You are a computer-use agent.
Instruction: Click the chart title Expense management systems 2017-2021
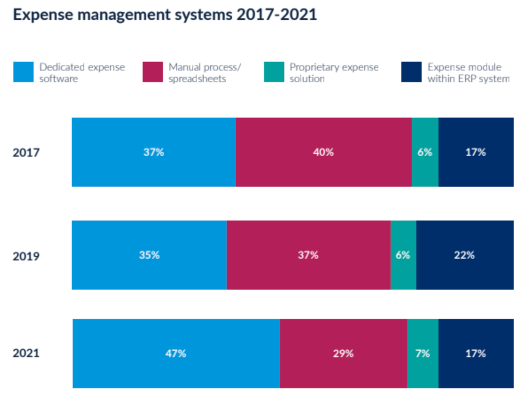click(x=165, y=15)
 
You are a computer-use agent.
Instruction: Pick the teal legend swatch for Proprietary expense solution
click(x=273, y=72)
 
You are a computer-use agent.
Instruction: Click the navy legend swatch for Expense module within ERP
click(x=411, y=72)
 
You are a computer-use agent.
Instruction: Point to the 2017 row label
click(x=27, y=153)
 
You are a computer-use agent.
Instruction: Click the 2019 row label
click(x=27, y=256)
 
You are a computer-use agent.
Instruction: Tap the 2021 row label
click(x=27, y=354)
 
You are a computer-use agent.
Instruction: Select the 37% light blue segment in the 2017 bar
click(x=154, y=152)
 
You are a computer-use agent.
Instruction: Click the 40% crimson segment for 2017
click(x=323, y=152)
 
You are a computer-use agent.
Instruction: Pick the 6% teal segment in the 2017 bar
click(x=425, y=152)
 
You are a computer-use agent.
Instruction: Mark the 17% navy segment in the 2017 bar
click(x=476, y=152)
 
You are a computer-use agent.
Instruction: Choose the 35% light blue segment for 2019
click(x=149, y=255)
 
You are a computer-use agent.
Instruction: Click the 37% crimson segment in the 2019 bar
click(x=308, y=255)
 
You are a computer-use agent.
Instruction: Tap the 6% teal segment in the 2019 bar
click(x=403, y=255)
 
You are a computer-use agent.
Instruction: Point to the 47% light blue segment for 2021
click(x=176, y=354)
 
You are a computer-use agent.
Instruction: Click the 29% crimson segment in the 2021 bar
click(x=343, y=354)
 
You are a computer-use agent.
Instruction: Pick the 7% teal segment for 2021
click(x=423, y=354)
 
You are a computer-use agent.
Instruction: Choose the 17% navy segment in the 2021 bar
click(x=476, y=354)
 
